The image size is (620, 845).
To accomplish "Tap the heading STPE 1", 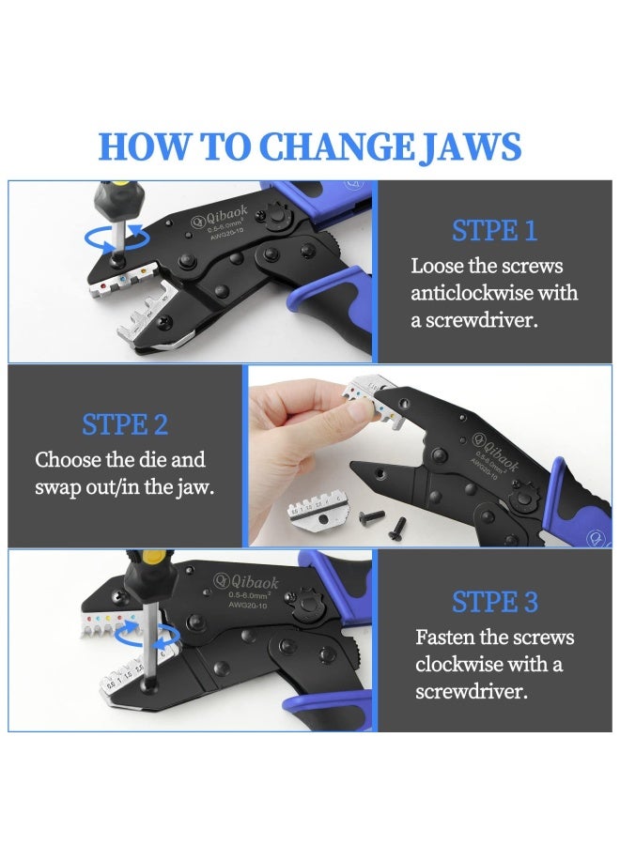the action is click(x=494, y=230).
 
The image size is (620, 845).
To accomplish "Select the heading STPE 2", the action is click(x=125, y=424).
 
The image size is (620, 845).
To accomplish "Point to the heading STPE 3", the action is click(x=494, y=602).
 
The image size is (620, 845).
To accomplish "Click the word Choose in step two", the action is click(x=69, y=460).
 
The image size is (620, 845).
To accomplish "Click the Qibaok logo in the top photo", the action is click(x=219, y=215).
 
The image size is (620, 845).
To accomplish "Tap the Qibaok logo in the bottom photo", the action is click(x=246, y=581).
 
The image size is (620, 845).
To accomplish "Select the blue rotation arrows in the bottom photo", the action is click(x=147, y=636).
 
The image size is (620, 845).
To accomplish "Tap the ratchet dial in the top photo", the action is click(x=277, y=216).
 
